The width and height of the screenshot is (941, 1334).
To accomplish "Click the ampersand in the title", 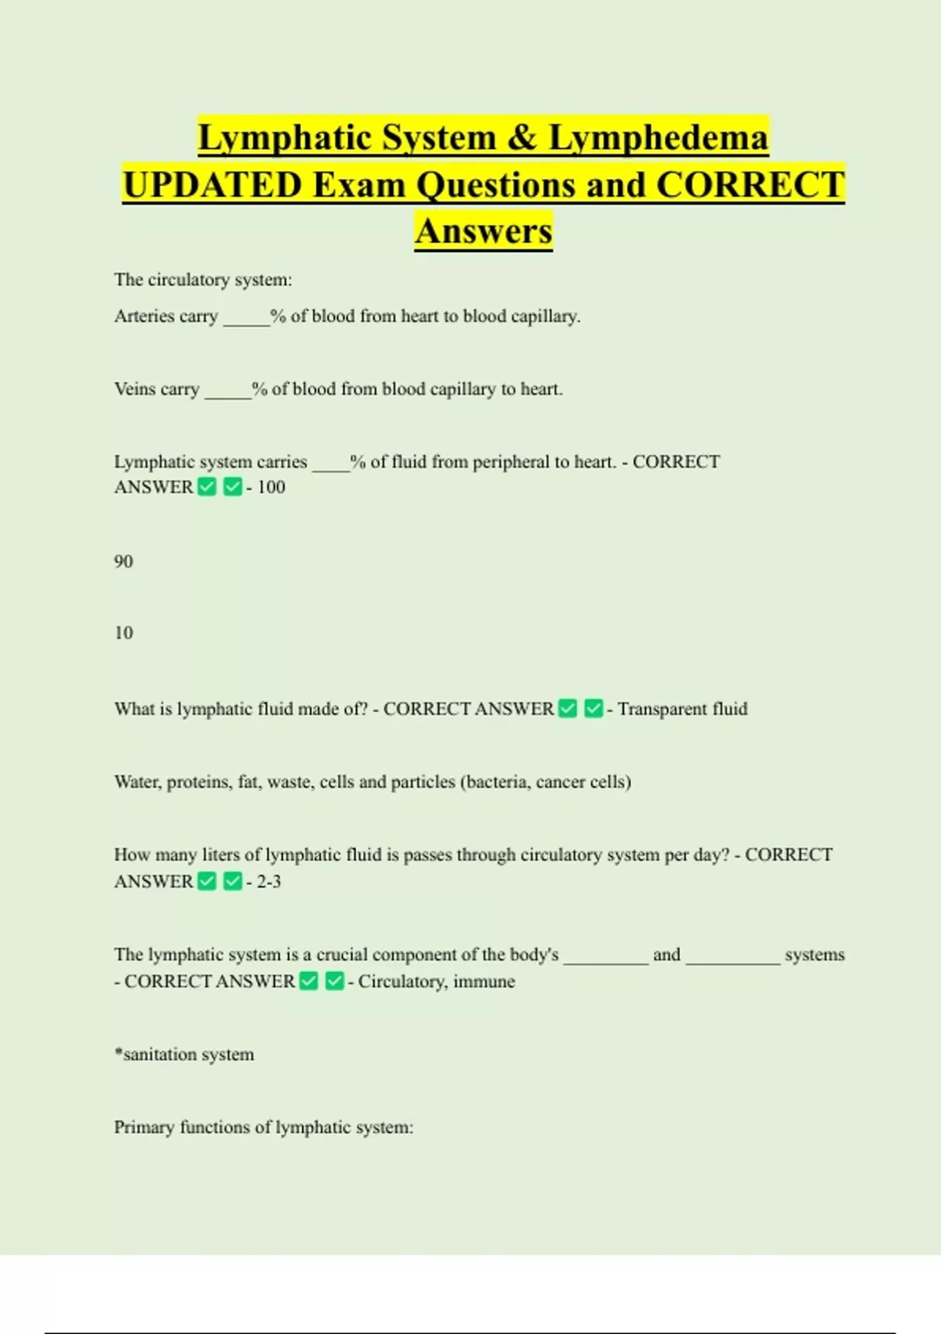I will coord(521,138).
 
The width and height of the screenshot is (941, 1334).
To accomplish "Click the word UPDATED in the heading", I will coord(213,186).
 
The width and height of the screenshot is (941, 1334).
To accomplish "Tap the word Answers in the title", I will coord(484,231).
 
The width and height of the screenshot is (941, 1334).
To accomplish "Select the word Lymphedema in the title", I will coord(658,138).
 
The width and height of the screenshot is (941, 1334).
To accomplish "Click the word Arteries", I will coord(144,316).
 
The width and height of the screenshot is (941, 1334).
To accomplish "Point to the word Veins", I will coord(134,389).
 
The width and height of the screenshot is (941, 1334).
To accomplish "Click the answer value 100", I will coord(271,487).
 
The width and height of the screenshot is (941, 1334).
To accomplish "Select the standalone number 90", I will coord(123,561).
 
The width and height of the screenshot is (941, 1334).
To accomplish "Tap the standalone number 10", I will coord(123,633).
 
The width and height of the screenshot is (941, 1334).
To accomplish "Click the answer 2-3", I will coord(269,882).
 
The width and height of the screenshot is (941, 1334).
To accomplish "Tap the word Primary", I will coord(144,1128).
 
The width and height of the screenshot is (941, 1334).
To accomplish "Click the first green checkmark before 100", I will coord(207,487).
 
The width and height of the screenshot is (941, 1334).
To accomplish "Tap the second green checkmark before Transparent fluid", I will coord(594,709).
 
